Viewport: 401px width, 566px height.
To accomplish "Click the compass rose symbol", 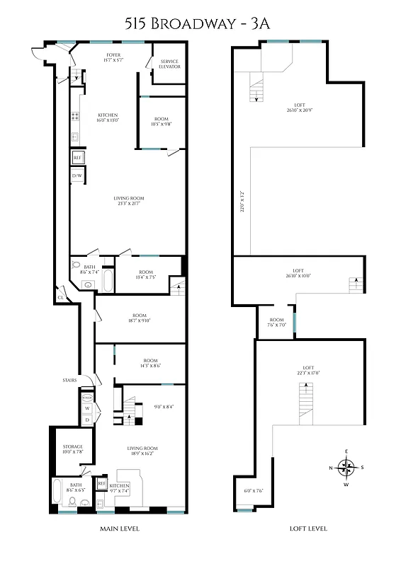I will pos(346,468).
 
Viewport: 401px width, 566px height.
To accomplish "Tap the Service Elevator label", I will pos(169,64).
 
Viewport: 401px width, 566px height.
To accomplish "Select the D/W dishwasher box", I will pos(78,175).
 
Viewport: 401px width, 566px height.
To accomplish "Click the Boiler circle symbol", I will pos(87,398).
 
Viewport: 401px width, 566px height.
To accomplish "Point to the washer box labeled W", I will pos(87,408).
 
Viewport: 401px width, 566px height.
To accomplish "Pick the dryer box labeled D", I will pos(87,420).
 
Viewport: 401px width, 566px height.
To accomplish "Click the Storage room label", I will pos(73,449).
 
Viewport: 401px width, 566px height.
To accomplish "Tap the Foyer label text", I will pos(113,57).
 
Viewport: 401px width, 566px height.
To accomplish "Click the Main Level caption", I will pos(120,529).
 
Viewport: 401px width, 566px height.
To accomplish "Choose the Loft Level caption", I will pos(307,529).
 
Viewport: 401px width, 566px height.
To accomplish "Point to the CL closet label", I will pos(62,298).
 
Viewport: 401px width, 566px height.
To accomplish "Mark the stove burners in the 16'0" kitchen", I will pos(74,117).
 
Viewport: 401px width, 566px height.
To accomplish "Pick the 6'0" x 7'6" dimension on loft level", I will pos(254,491).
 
